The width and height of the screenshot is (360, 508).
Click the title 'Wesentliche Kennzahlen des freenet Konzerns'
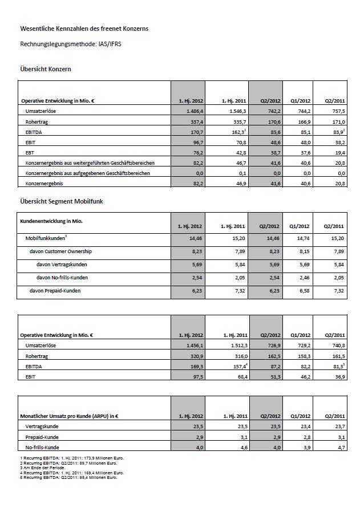click(84, 28)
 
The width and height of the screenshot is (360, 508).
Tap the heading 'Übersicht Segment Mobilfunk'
click(61, 201)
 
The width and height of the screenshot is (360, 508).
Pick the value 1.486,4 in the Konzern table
click(191, 111)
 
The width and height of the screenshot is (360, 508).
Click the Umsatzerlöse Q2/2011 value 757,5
click(338, 111)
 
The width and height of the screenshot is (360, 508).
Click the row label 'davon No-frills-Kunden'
click(63, 278)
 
